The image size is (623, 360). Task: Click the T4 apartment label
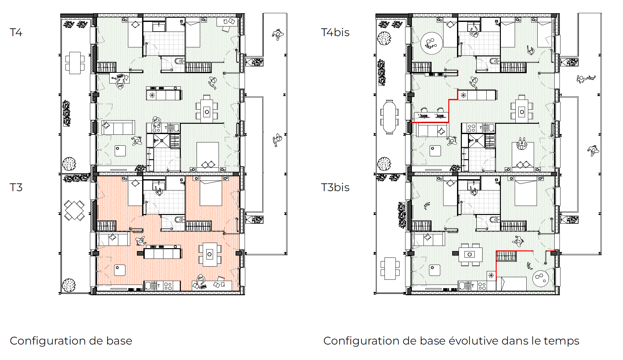coord(16,32)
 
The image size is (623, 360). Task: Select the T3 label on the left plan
coord(16,187)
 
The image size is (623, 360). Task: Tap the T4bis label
coord(335,32)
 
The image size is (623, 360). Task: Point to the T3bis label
coord(335,187)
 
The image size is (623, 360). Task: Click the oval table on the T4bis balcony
coord(389,117)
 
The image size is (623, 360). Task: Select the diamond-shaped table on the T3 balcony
coord(74,210)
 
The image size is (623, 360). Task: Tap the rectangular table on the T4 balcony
coord(75,63)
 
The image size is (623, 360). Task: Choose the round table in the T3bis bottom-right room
coord(540,277)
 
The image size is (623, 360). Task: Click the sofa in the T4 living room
coord(118,128)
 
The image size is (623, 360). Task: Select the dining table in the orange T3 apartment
coord(210,254)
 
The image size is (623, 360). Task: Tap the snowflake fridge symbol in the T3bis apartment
coord(491,276)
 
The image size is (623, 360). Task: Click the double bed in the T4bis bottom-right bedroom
coord(523,155)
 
